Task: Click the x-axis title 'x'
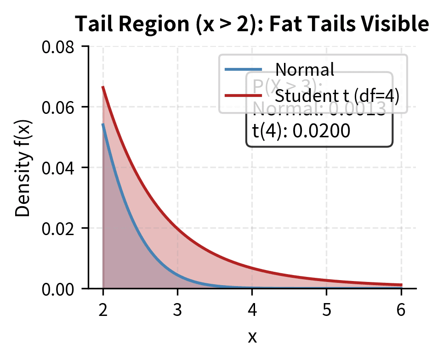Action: tap(252, 337)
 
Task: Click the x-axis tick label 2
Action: tap(103, 310)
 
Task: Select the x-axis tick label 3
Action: tap(177, 310)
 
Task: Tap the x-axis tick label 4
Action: tap(252, 310)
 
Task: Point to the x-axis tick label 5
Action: tap(326, 310)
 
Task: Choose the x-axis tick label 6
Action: tap(401, 310)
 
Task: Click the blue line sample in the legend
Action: tap(243, 69)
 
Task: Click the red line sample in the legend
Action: tap(243, 96)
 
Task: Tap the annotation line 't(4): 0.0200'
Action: tap(301, 131)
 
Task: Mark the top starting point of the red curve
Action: tap(103, 87)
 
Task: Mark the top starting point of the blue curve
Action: tap(103, 124)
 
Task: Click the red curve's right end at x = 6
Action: tap(401, 285)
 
